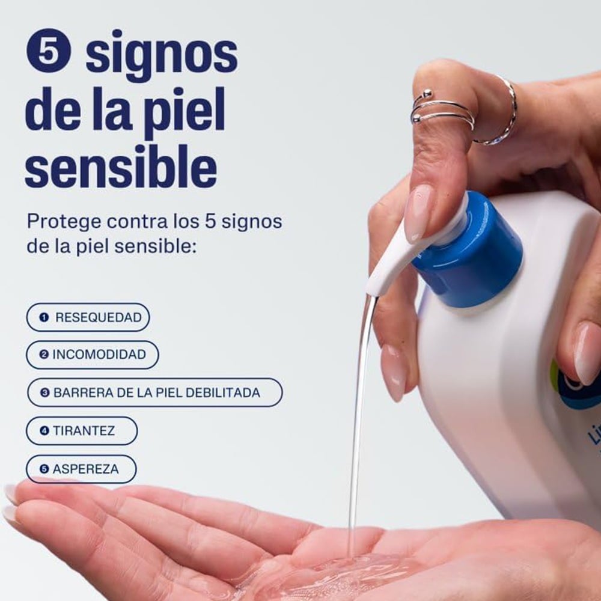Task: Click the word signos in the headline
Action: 161,55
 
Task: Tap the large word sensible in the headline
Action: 121,165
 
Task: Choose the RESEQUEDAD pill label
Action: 88,317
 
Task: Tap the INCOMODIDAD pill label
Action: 93,355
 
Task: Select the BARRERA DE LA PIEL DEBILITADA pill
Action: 155,392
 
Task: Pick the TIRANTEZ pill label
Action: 82,431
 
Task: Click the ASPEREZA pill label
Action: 81,469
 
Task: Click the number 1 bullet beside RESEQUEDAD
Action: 44,317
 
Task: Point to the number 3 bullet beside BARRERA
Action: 45,392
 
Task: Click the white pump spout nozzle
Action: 395,261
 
